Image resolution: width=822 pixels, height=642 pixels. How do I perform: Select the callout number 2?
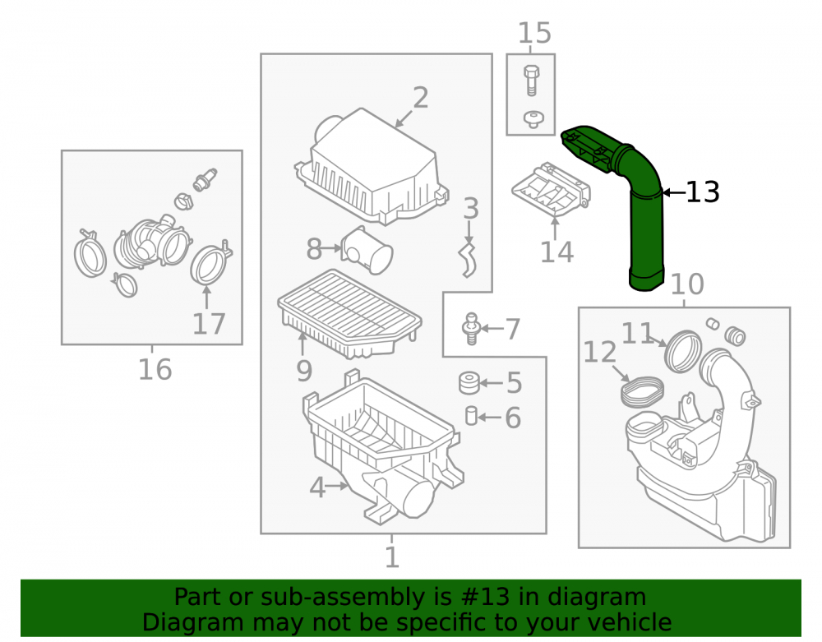coord(420,98)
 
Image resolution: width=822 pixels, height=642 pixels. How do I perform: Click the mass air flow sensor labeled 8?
coord(367,250)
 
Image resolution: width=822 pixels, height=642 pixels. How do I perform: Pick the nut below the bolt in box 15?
coord(533,119)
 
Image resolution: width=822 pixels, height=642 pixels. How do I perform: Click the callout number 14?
coord(556,252)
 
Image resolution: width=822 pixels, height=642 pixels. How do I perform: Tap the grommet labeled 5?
coord(469,382)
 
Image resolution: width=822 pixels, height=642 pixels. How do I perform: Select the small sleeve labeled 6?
coord(471,416)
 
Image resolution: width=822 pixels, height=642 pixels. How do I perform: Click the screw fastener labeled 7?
coord(471,329)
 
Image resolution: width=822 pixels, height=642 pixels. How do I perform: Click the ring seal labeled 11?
coord(682,351)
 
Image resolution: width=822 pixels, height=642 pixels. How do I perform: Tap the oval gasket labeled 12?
coord(642,390)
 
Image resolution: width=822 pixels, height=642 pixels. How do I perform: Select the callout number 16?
coord(155,369)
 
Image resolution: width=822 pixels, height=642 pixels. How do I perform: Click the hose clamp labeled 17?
coord(209,266)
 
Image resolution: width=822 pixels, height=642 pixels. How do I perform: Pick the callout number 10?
coord(687,284)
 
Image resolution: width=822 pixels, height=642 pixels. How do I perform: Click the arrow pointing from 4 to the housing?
coord(336,487)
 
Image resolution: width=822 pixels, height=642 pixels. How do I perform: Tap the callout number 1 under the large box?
coord(392,557)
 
